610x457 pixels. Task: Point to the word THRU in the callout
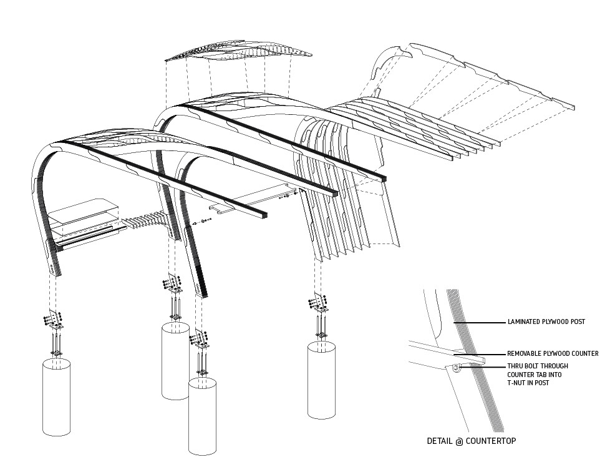point(515,366)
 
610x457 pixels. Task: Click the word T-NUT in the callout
point(516,383)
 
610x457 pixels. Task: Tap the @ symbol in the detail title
point(458,441)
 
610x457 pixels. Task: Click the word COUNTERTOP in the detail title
point(491,441)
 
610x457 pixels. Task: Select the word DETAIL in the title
point(439,441)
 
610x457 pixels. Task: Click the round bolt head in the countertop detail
point(456,369)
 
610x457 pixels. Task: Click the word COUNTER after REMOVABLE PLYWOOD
point(582,353)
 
